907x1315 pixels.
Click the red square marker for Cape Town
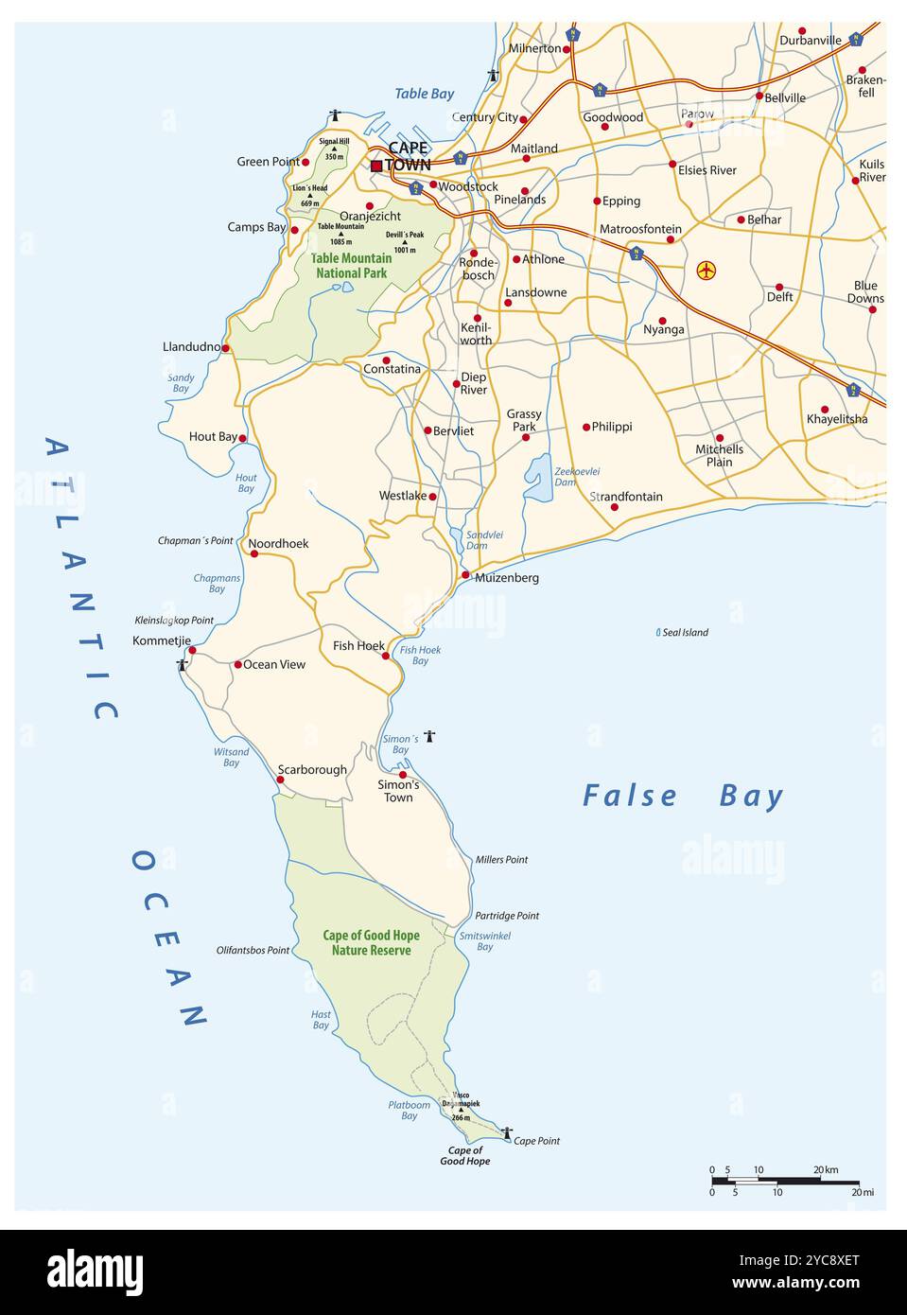pyautogui.click(x=376, y=166)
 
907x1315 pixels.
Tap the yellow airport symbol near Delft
pyautogui.click(x=706, y=270)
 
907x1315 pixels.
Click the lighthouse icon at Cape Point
pyautogui.click(x=507, y=1132)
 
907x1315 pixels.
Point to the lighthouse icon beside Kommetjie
pyautogui.click(x=182, y=665)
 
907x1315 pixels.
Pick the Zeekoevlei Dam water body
pyautogui.click(x=538, y=479)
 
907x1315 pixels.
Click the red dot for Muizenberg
pyautogui.click(x=465, y=575)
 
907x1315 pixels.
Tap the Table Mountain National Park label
pyautogui.click(x=351, y=266)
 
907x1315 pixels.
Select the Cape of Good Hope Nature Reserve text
pyautogui.click(x=371, y=942)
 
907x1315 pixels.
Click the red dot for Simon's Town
pyautogui.click(x=402, y=775)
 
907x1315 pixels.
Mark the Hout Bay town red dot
pyautogui.click(x=242, y=438)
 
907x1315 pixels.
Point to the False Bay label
pyautogui.click(x=683, y=796)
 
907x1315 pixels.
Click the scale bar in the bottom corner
pyautogui.click(x=784, y=1181)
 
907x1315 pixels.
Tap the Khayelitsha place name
pyautogui.click(x=836, y=419)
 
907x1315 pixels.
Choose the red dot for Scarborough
pyautogui.click(x=280, y=780)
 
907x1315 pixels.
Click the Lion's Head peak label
pyautogui.click(x=309, y=188)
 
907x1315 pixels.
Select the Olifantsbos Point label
pyautogui.click(x=253, y=950)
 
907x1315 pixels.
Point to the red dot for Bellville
pyautogui.click(x=759, y=96)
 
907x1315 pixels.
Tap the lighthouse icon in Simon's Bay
pyautogui.click(x=429, y=736)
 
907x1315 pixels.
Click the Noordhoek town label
pyautogui.click(x=278, y=544)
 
